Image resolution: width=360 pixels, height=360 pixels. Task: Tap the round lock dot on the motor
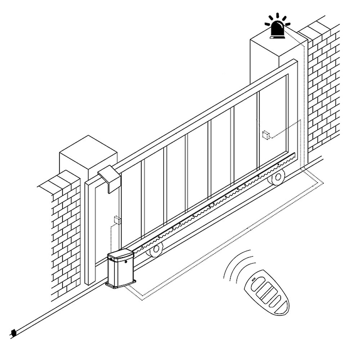coord(126,262)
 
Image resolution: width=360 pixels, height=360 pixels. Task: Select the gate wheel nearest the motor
coord(156,249)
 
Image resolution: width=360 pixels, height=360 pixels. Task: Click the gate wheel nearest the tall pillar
coord(278,177)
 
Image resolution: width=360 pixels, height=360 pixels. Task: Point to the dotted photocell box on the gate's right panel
coord(266,135)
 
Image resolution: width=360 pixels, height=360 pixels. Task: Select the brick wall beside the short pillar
coord(65,234)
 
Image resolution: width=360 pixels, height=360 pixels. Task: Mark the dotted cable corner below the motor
coord(142,300)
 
